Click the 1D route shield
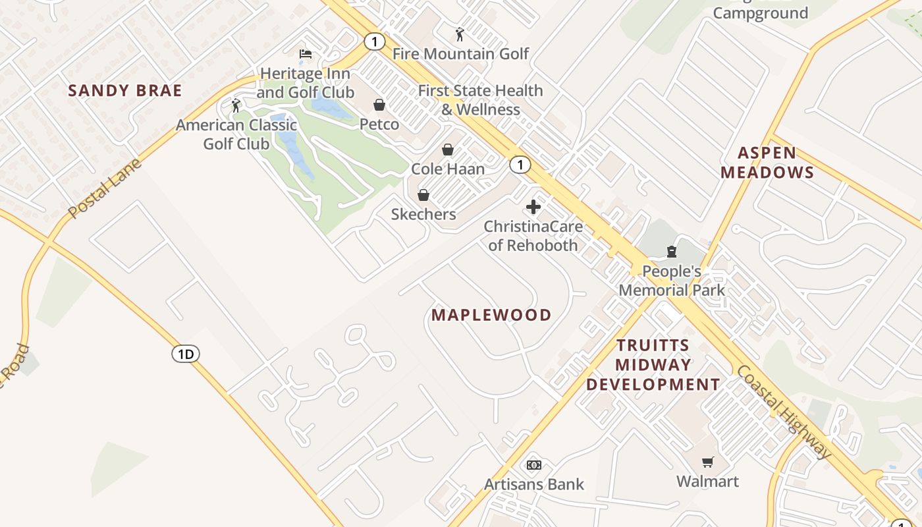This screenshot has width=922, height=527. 186,354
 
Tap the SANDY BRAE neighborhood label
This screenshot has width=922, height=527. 125,91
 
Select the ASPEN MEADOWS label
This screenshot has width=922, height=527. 767,163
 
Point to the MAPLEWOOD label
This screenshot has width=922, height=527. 491,315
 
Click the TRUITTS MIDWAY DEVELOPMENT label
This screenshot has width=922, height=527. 653,364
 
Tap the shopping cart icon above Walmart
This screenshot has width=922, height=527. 708,462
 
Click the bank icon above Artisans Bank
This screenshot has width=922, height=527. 534,465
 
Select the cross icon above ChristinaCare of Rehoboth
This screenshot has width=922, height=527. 533,208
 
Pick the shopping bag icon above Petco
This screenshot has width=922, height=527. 379,105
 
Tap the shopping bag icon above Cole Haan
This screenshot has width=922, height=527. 448,150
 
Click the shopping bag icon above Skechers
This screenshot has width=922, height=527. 423,195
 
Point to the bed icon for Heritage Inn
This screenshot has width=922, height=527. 306,54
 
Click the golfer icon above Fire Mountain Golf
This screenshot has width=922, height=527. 460,34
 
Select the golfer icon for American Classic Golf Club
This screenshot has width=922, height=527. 236,105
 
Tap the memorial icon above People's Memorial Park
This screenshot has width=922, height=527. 672,252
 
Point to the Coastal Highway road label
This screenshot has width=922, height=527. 784,412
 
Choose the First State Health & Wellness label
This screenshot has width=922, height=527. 481,100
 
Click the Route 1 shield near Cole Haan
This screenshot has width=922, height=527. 520,165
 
